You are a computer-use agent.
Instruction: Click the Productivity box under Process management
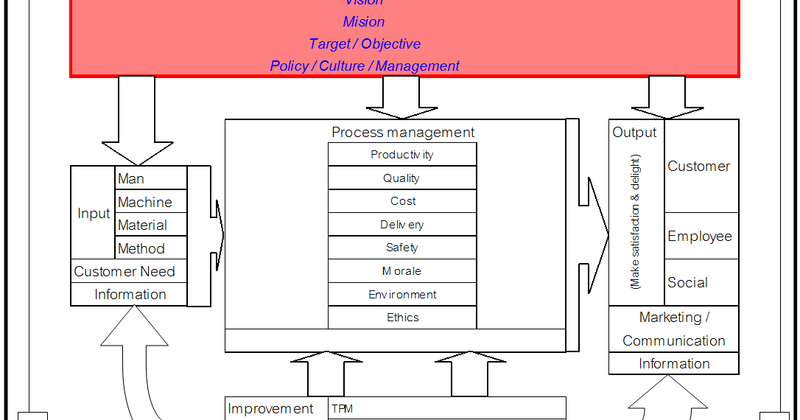[x=402, y=155]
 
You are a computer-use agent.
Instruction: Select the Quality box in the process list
[x=402, y=178]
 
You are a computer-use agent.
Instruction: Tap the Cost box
[x=402, y=201]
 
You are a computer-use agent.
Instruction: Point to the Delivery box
[x=402, y=225]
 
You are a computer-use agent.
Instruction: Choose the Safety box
[x=402, y=248]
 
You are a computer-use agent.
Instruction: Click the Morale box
[x=402, y=271]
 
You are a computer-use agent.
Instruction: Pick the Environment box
[x=402, y=295]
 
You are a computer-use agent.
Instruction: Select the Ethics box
[x=402, y=318]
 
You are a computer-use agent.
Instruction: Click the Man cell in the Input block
[x=152, y=178]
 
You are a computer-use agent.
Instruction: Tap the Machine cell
[x=152, y=202]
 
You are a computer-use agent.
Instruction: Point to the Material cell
[x=152, y=225]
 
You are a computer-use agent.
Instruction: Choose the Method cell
[x=152, y=248]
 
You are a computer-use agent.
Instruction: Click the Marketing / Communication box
[x=673, y=329]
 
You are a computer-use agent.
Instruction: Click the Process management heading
[x=403, y=133]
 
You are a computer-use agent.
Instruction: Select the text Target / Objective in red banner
[x=365, y=44]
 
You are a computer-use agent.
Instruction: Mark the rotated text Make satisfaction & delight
[x=636, y=221]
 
